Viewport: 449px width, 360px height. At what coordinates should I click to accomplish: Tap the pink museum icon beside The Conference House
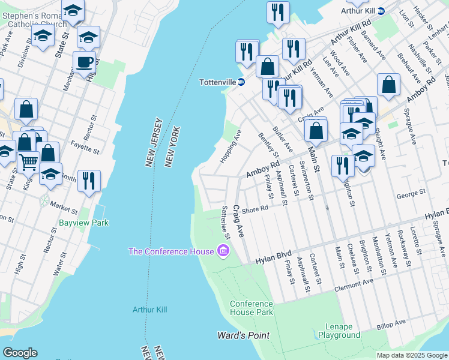[223, 251]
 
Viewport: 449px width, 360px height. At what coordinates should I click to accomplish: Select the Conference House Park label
[252, 308]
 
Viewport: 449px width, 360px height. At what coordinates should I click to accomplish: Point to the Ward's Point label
[243, 335]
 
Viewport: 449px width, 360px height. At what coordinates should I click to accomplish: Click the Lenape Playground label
[334, 331]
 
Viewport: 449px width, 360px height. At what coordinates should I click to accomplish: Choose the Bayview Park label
[83, 223]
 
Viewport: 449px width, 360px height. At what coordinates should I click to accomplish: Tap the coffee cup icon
[85, 61]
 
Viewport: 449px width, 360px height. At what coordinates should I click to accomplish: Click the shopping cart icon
[28, 162]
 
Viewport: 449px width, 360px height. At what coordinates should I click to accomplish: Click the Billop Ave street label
[391, 324]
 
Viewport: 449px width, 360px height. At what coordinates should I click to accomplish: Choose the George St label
[411, 193]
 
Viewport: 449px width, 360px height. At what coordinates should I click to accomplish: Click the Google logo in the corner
[20, 353]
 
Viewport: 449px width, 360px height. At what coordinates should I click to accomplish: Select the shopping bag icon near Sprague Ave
[388, 85]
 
